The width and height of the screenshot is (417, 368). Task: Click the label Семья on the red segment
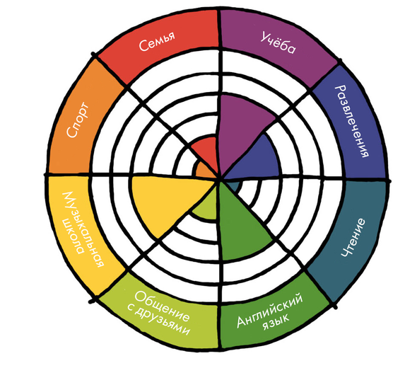157,41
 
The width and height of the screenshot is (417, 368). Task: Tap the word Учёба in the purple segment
278,42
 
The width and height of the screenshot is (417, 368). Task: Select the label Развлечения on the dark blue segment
353,122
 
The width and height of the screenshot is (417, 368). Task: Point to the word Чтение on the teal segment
353,238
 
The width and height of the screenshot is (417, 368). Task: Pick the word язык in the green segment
276,323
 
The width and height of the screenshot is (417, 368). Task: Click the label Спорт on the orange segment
78,120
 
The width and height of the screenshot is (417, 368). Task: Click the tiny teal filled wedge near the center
234,186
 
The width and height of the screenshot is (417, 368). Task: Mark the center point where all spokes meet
220,178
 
